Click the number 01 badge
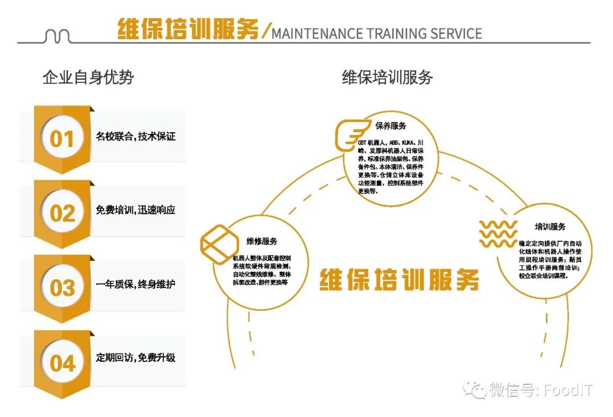(x=62, y=138)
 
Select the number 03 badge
(x=62, y=287)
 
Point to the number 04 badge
(x=62, y=363)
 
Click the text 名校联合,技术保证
(x=136, y=137)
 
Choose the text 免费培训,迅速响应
(x=136, y=210)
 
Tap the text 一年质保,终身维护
(x=136, y=284)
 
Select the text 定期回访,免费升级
(x=136, y=357)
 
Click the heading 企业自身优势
(x=88, y=77)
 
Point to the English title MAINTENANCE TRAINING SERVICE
(x=376, y=33)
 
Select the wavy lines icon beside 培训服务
(x=498, y=234)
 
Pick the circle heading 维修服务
(x=262, y=241)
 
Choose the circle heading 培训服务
(x=550, y=227)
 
